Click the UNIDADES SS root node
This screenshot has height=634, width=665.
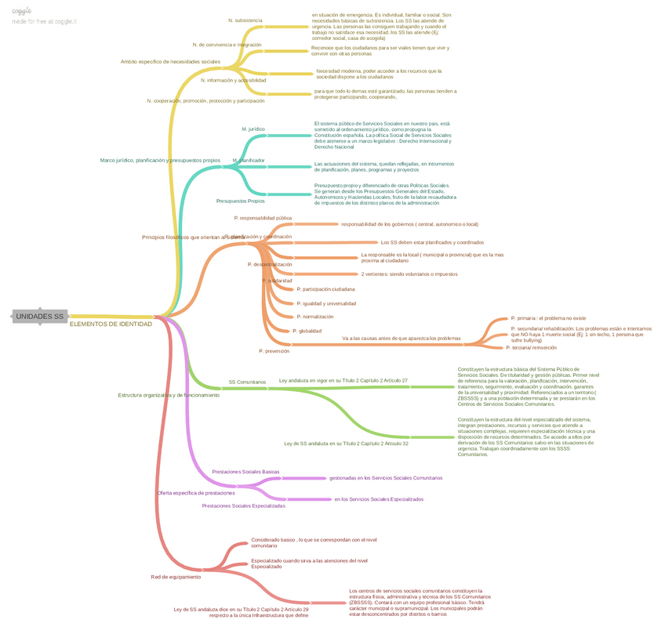pyautogui.click(x=40, y=317)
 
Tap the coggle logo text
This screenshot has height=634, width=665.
pyautogui.click(x=22, y=11)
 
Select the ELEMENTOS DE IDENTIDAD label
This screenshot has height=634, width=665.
pyautogui.click(x=111, y=324)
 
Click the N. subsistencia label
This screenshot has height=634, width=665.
pyautogui.click(x=245, y=20)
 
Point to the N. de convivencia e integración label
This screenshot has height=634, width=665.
pyautogui.click(x=227, y=45)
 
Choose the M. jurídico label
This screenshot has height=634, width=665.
pyautogui.click(x=253, y=128)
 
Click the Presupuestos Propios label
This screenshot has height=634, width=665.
pyautogui.click(x=240, y=201)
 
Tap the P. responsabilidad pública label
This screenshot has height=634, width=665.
pyautogui.click(x=263, y=218)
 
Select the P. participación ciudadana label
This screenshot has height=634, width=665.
pyautogui.click(x=325, y=289)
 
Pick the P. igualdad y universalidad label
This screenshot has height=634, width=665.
pyautogui.click(x=326, y=303)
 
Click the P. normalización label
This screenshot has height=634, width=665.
pyautogui.click(x=315, y=317)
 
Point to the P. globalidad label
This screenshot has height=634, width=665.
pyautogui.click(x=307, y=331)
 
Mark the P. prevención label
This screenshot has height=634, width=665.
pyautogui.click(x=274, y=351)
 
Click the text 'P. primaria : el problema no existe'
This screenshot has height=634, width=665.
pyautogui.click(x=548, y=318)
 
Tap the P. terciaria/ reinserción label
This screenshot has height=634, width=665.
pyautogui.click(x=532, y=347)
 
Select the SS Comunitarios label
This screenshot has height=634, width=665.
pyautogui.click(x=247, y=382)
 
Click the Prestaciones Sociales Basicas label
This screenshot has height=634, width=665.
pyautogui.click(x=245, y=472)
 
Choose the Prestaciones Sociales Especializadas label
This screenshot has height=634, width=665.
pyautogui.click(x=243, y=505)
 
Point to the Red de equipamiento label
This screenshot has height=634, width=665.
pyautogui.click(x=176, y=577)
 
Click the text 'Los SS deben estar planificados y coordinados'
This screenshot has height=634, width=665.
pyautogui.click(x=432, y=242)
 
